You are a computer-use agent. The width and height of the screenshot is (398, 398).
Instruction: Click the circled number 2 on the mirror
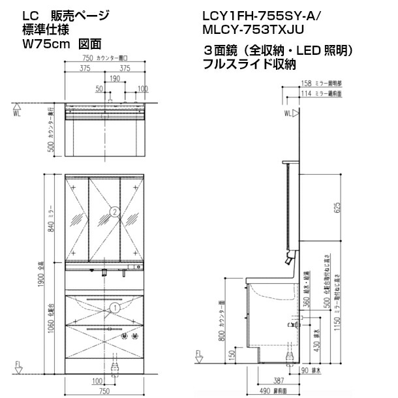click(x=114, y=211)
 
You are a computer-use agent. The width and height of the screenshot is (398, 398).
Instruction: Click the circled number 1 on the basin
click(x=114, y=307)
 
